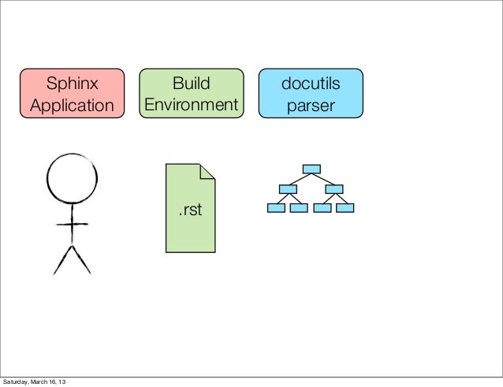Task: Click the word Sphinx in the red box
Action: [73, 82]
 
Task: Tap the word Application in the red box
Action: [73, 105]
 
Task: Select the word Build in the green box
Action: [190, 82]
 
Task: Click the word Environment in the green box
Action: [190, 105]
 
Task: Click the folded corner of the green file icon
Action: [208, 170]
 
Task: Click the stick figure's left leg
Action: [61, 259]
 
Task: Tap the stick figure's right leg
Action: [82, 259]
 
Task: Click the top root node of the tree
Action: [311, 168]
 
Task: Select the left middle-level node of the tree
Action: [287, 188]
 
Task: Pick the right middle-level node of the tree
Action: [334, 188]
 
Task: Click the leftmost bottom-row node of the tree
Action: [275, 208]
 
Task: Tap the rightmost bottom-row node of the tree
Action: [345, 208]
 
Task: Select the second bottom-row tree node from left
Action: [298, 208]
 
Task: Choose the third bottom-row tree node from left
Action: [322, 208]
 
